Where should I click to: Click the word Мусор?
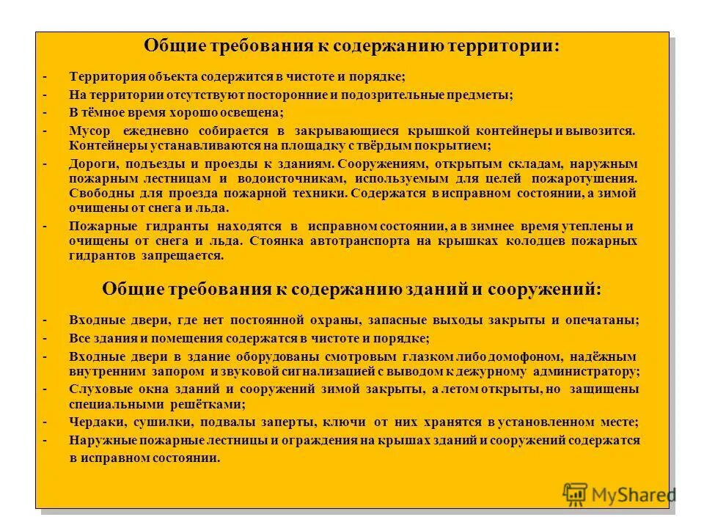(x=89, y=131)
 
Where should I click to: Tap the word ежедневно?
(x=155, y=131)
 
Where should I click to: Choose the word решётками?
(x=213, y=403)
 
